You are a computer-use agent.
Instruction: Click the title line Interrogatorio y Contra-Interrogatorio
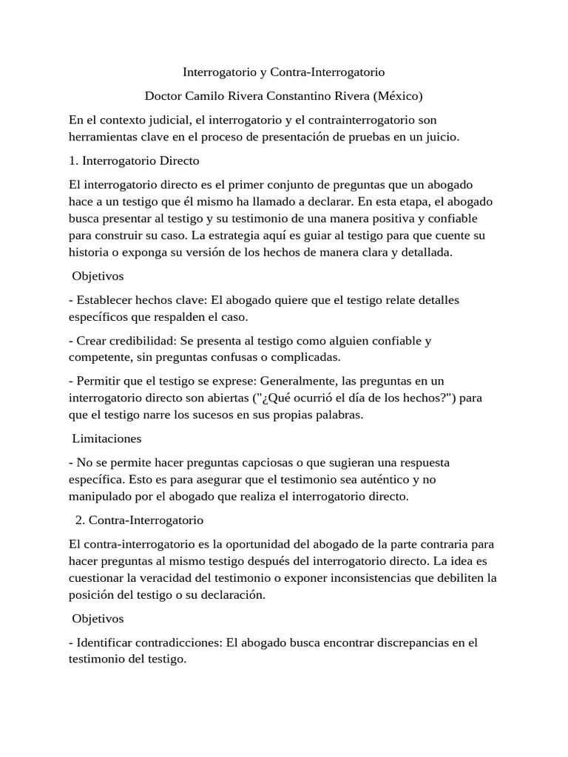pyautogui.click(x=284, y=72)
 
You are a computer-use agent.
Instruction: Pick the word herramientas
pyautogui.click(x=102, y=137)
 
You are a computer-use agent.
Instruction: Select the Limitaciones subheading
pyautogui.click(x=106, y=438)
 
